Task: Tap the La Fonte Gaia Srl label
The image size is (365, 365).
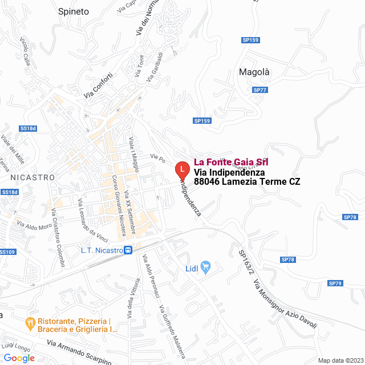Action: coord(231,162)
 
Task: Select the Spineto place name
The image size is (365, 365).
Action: coord(74,11)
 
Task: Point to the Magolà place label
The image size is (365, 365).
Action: coord(254,72)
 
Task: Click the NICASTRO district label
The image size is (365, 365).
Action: coord(33,177)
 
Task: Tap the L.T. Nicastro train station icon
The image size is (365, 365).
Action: coord(128,250)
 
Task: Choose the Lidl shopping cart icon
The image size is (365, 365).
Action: coord(206,266)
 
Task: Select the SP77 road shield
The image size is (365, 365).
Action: coord(260,90)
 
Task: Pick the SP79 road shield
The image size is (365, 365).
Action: coord(335,283)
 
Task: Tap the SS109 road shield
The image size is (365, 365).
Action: coord(7,252)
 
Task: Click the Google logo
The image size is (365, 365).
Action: coord(19,358)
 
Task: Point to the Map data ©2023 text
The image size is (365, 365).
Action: coord(340,360)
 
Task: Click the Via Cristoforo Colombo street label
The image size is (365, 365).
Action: coord(58,237)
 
